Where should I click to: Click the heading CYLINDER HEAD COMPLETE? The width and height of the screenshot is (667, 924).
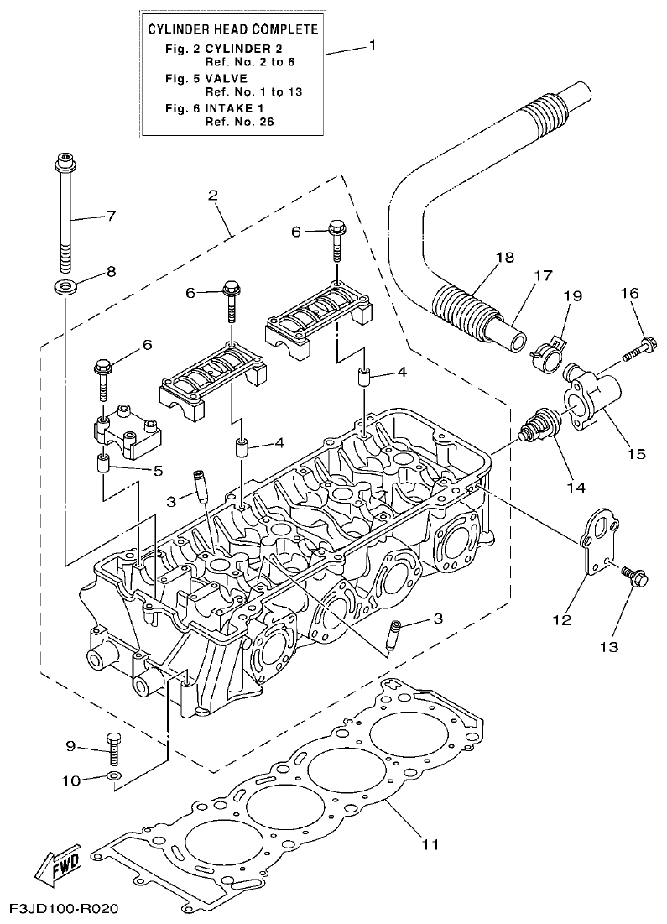click(232, 30)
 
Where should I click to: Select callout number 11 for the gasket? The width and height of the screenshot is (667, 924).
click(430, 843)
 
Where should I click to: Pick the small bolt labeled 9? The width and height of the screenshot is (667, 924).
click(114, 745)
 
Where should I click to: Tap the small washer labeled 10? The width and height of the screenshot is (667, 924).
click(114, 775)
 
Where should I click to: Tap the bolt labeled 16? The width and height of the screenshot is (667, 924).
click(642, 346)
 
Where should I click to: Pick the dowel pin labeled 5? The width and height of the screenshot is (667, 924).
click(103, 463)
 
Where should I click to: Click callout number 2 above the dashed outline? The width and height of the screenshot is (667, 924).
click(213, 196)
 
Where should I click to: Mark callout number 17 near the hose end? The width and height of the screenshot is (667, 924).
click(543, 274)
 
